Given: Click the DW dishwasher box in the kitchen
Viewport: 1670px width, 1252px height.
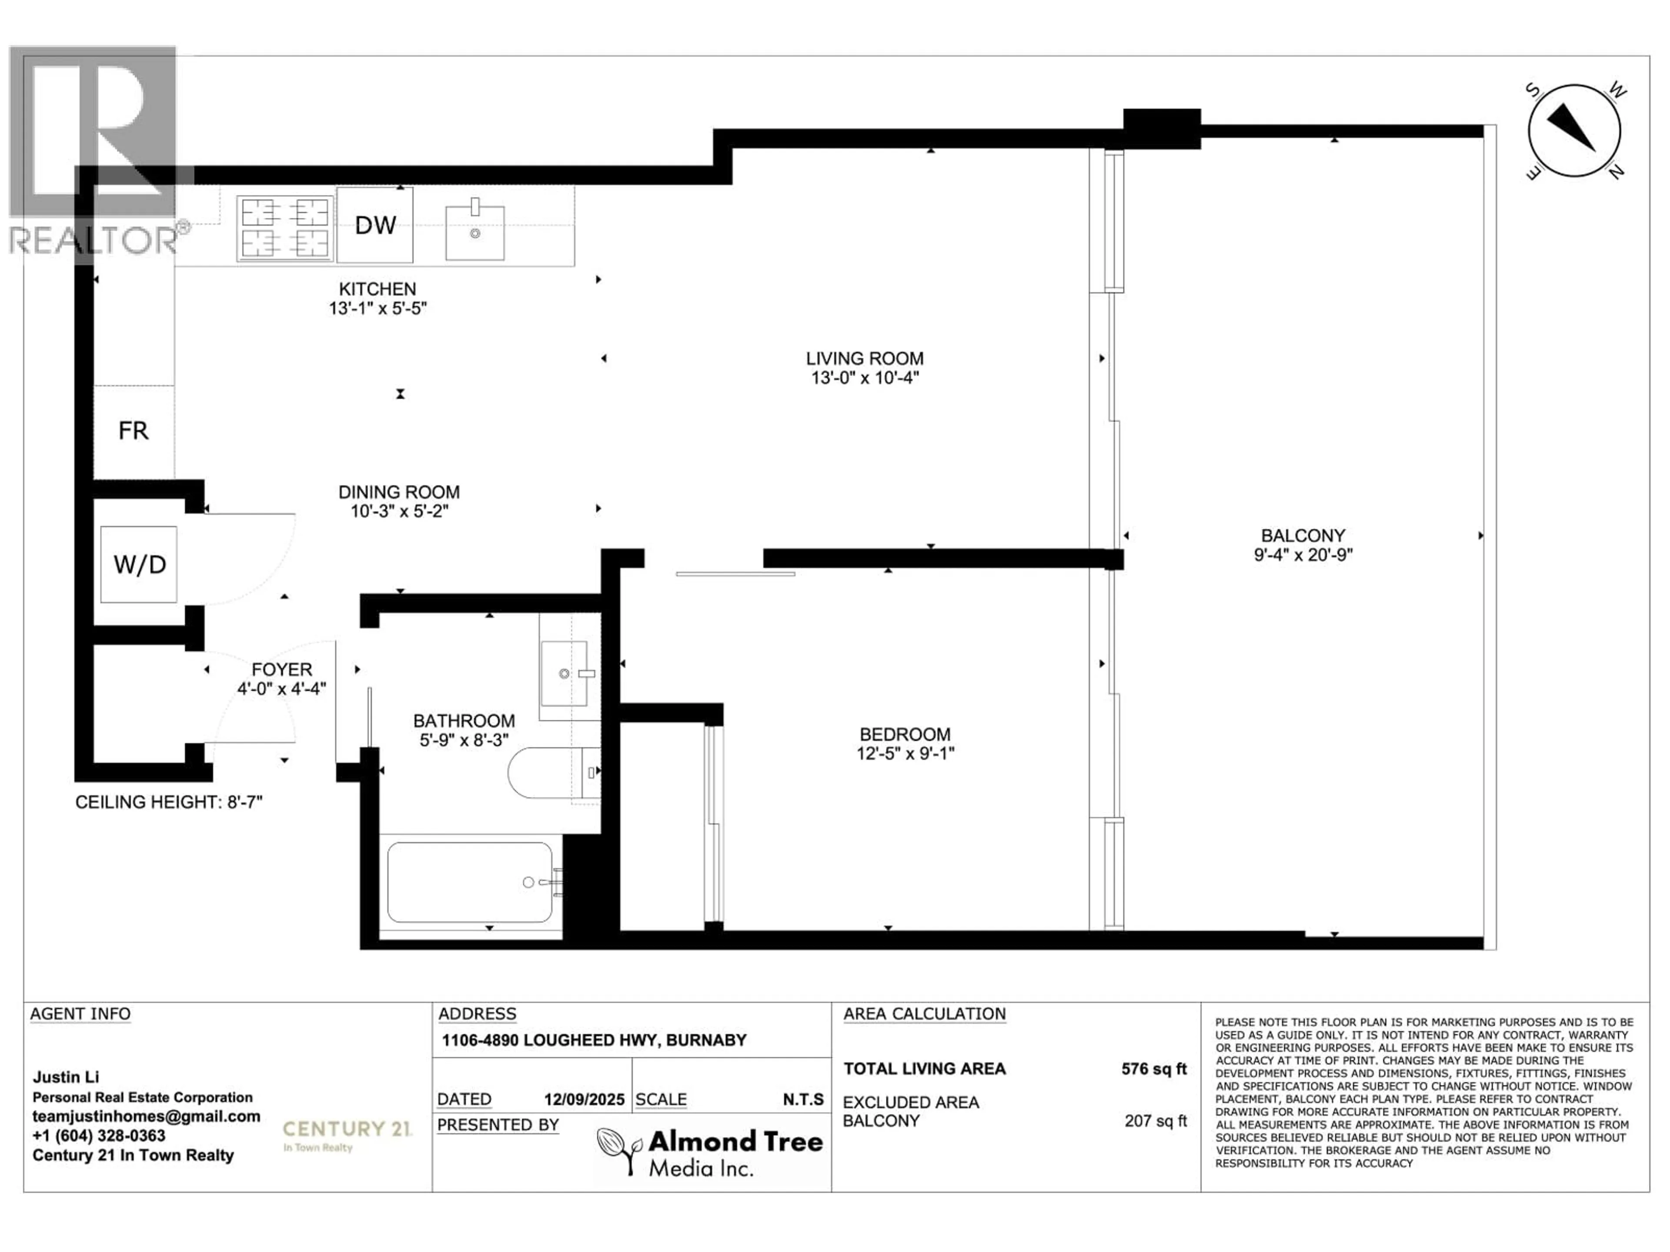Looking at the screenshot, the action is tap(375, 225).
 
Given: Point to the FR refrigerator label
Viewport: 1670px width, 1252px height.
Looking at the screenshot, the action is tap(134, 431).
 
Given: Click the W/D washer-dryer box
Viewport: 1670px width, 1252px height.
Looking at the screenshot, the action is tap(139, 565).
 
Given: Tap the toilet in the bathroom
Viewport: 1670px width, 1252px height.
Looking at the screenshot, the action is tap(553, 773).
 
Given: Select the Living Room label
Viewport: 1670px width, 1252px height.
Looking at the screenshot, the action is tap(865, 359).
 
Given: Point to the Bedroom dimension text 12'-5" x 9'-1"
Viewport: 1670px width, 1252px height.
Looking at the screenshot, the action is tap(905, 753).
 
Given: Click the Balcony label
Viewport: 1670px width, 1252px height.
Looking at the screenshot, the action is tap(1303, 536).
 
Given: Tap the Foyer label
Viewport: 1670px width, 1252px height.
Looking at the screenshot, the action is tap(282, 669).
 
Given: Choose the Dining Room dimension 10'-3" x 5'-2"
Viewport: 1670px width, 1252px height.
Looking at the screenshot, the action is tap(399, 511).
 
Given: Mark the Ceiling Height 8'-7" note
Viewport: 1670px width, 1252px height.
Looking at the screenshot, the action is tap(169, 802).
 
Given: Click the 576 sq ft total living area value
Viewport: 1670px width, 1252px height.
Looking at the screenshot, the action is tap(1154, 1069).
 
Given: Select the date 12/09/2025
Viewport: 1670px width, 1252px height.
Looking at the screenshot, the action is tap(584, 1099).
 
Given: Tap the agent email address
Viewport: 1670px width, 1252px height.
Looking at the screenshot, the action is tap(147, 1116).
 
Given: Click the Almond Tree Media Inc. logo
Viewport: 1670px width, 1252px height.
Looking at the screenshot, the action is tap(710, 1152).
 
